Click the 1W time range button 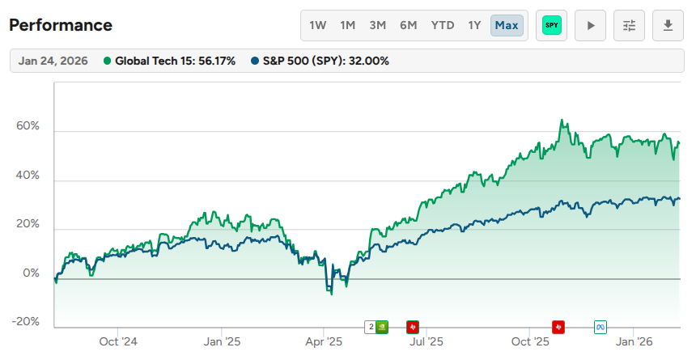[318, 25]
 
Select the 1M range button [348, 25]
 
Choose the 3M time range [378, 25]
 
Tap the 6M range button [409, 25]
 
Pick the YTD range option [443, 25]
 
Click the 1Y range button [474, 25]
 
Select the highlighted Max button [507, 25]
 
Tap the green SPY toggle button [552, 25]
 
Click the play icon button [591, 25]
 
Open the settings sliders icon [630, 25]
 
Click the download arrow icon [668, 25]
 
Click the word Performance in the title [61, 25]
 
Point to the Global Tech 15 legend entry [170, 61]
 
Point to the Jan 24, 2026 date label [54, 61]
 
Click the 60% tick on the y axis [28, 127]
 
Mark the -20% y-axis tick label [27, 322]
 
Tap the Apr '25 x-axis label [323, 341]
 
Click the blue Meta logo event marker [601, 327]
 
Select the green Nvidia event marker [383, 327]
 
